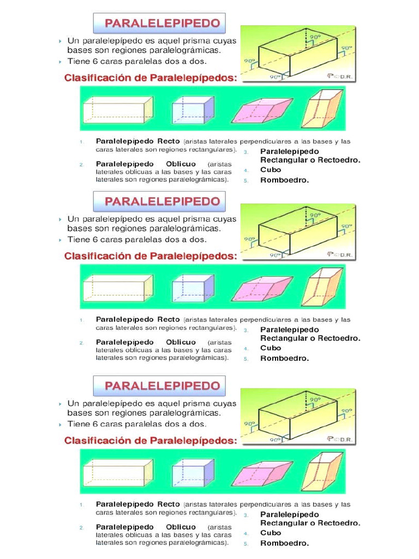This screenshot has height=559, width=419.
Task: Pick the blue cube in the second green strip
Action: click(193, 288)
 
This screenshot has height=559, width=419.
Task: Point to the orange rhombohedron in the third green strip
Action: click(322, 472)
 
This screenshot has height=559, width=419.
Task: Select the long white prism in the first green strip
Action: click(117, 110)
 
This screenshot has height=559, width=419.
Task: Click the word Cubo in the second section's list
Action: click(271, 348)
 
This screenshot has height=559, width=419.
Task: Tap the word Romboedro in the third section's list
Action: click(284, 543)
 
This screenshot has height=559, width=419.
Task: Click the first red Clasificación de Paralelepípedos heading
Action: click(151, 78)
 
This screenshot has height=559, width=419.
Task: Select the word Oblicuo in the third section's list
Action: click(181, 527)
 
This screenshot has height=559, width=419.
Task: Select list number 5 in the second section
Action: click(246, 359)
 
